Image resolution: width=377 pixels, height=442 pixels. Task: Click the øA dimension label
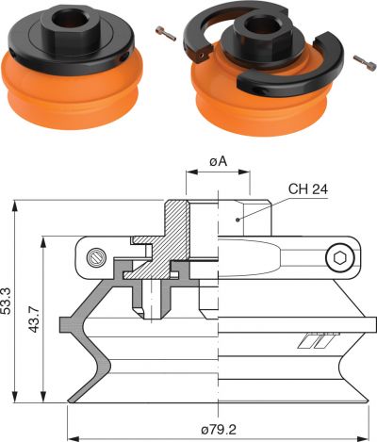(x=218, y=161)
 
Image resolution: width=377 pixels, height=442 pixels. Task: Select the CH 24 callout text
(x=308, y=189)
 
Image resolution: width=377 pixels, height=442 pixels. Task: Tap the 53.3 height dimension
(x=6, y=301)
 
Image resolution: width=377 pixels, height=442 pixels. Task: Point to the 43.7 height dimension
(x=34, y=319)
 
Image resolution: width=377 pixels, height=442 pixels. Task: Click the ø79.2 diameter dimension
(x=219, y=430)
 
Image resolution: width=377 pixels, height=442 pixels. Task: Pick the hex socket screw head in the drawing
(x=339, y=258)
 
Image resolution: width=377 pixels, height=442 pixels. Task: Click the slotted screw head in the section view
(x=95, y=257)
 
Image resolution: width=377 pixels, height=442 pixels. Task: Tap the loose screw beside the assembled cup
(x=166, y=33)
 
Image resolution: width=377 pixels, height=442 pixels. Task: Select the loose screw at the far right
(x=365, y=62)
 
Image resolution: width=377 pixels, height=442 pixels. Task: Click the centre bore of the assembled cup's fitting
(x=68, y=19)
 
